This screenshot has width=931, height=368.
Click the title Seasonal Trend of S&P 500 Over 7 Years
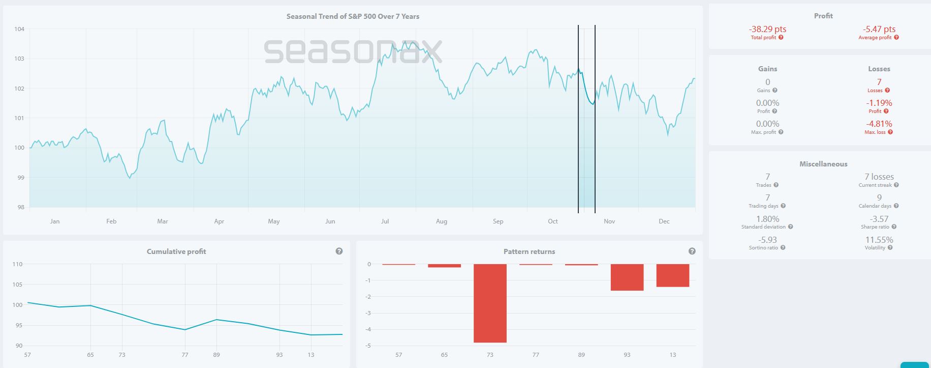coord(353,16)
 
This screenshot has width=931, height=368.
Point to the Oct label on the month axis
coord(552,221)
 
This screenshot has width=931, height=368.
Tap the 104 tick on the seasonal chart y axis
coord(19,29)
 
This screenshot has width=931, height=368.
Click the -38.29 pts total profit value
coord(767,29)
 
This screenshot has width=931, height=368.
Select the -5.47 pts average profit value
coord(879,29)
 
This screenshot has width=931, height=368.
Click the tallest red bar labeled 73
coord(490,303)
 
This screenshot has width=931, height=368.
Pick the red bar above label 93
coord(627,277)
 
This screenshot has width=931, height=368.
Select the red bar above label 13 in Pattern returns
coord(672,275)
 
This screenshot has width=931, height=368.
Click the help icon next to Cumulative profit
coord(339,251)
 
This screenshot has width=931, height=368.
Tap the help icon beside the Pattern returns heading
coord(692,251)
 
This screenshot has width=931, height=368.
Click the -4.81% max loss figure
coord(879,124)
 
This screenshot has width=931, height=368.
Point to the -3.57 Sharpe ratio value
coord(879,219)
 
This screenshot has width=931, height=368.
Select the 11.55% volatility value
coord(879,240)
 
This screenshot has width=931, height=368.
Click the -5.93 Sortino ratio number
coord(767,240)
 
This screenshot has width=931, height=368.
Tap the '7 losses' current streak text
coord(879,177)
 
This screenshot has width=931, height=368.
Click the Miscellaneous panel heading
coord(823,164)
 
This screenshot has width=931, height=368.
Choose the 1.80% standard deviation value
coord(767,219)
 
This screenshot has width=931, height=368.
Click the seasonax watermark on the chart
coord(353,51)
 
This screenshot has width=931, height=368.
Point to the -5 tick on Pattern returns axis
coord(368,346)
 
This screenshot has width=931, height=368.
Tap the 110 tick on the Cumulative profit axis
coord(17,264)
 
